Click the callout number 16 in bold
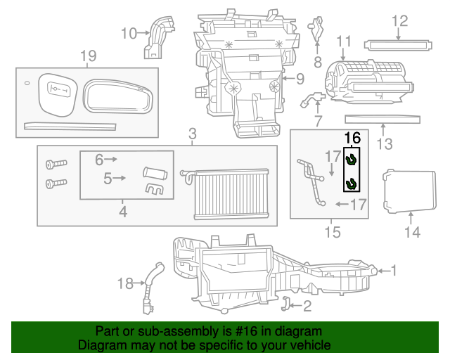click(x=352, y=139)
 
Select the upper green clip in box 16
click(x=352, y=160)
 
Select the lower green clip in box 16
click(x=352, y=184)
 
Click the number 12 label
click(x=399, y=21)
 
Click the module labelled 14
click(x=400, y=191)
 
